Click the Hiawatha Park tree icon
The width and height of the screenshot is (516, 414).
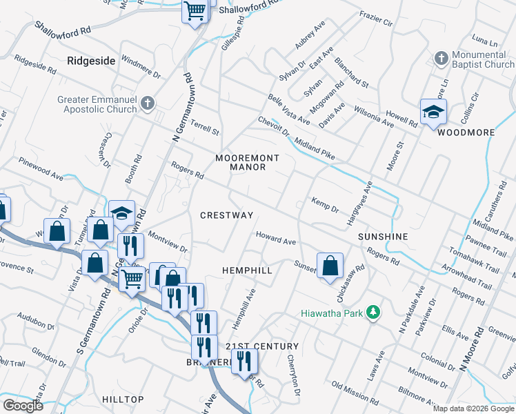pyautogui.click(x=374, y=313)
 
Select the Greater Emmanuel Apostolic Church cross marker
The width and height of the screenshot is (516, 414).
pyautogui.click(x=146, y=104)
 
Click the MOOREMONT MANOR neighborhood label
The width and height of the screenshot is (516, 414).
pyautogui.click(x=247, y=162)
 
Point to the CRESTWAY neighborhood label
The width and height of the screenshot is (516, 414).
pyautogui.click(x=227, y=215)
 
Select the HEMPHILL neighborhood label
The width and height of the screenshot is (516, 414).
pyautogui.click(x=247, y=271)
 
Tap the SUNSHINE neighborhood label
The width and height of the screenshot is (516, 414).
pyautogui.click(x=383, y=237)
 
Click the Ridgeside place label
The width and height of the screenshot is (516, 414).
pyautogui.click(x=91, y=61)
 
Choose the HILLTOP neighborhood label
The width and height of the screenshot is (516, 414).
pyautogui.click(x=123, y=400)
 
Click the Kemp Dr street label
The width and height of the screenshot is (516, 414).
pyautogui.click(x=325, y=207)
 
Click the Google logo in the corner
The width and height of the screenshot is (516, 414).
pyautogui.click(x=22, y=406)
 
